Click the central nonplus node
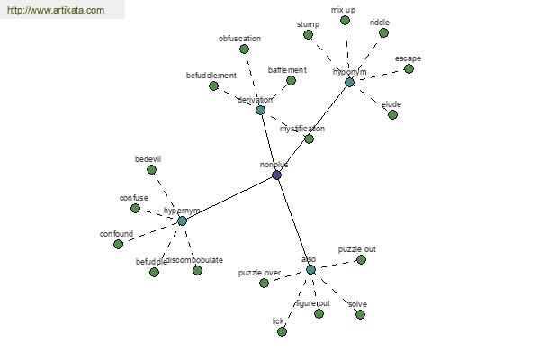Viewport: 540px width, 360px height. (276, 175)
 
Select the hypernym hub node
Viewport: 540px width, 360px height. (182, 220)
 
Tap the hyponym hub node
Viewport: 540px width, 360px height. (349, 82)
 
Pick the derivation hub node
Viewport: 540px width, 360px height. (260, 110)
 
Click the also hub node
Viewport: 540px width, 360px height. (310, 269)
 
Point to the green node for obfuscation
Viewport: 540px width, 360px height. (244, 49)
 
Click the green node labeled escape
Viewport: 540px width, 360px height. (409, 68)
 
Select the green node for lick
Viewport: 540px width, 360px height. (282, 331)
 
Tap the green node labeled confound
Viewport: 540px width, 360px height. (118, 244)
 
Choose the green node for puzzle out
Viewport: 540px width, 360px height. (361, 259)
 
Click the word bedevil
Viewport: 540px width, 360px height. (148, 159)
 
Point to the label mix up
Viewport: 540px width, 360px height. (343, 10)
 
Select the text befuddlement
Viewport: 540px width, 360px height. (211, 76)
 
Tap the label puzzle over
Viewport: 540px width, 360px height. (259, 272)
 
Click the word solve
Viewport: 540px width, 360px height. (357, 304)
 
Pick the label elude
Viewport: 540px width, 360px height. (391, 104)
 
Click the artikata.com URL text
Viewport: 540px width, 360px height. (55, 11)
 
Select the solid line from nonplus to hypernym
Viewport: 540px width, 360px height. (229, 198)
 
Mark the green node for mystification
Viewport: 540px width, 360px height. (309, 139)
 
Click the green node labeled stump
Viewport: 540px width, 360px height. (308, 34)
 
